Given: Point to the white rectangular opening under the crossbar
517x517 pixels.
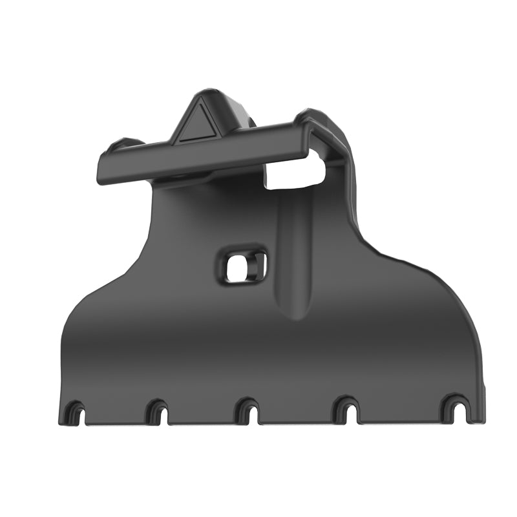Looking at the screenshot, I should coord(294,171).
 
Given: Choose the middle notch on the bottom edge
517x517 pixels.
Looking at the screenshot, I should coord(248,412).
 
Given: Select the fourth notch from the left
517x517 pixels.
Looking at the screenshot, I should coord(346,411).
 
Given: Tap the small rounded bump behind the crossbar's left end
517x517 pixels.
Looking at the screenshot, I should coord(123,143).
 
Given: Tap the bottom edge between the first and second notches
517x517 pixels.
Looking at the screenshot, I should coord(117,423).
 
